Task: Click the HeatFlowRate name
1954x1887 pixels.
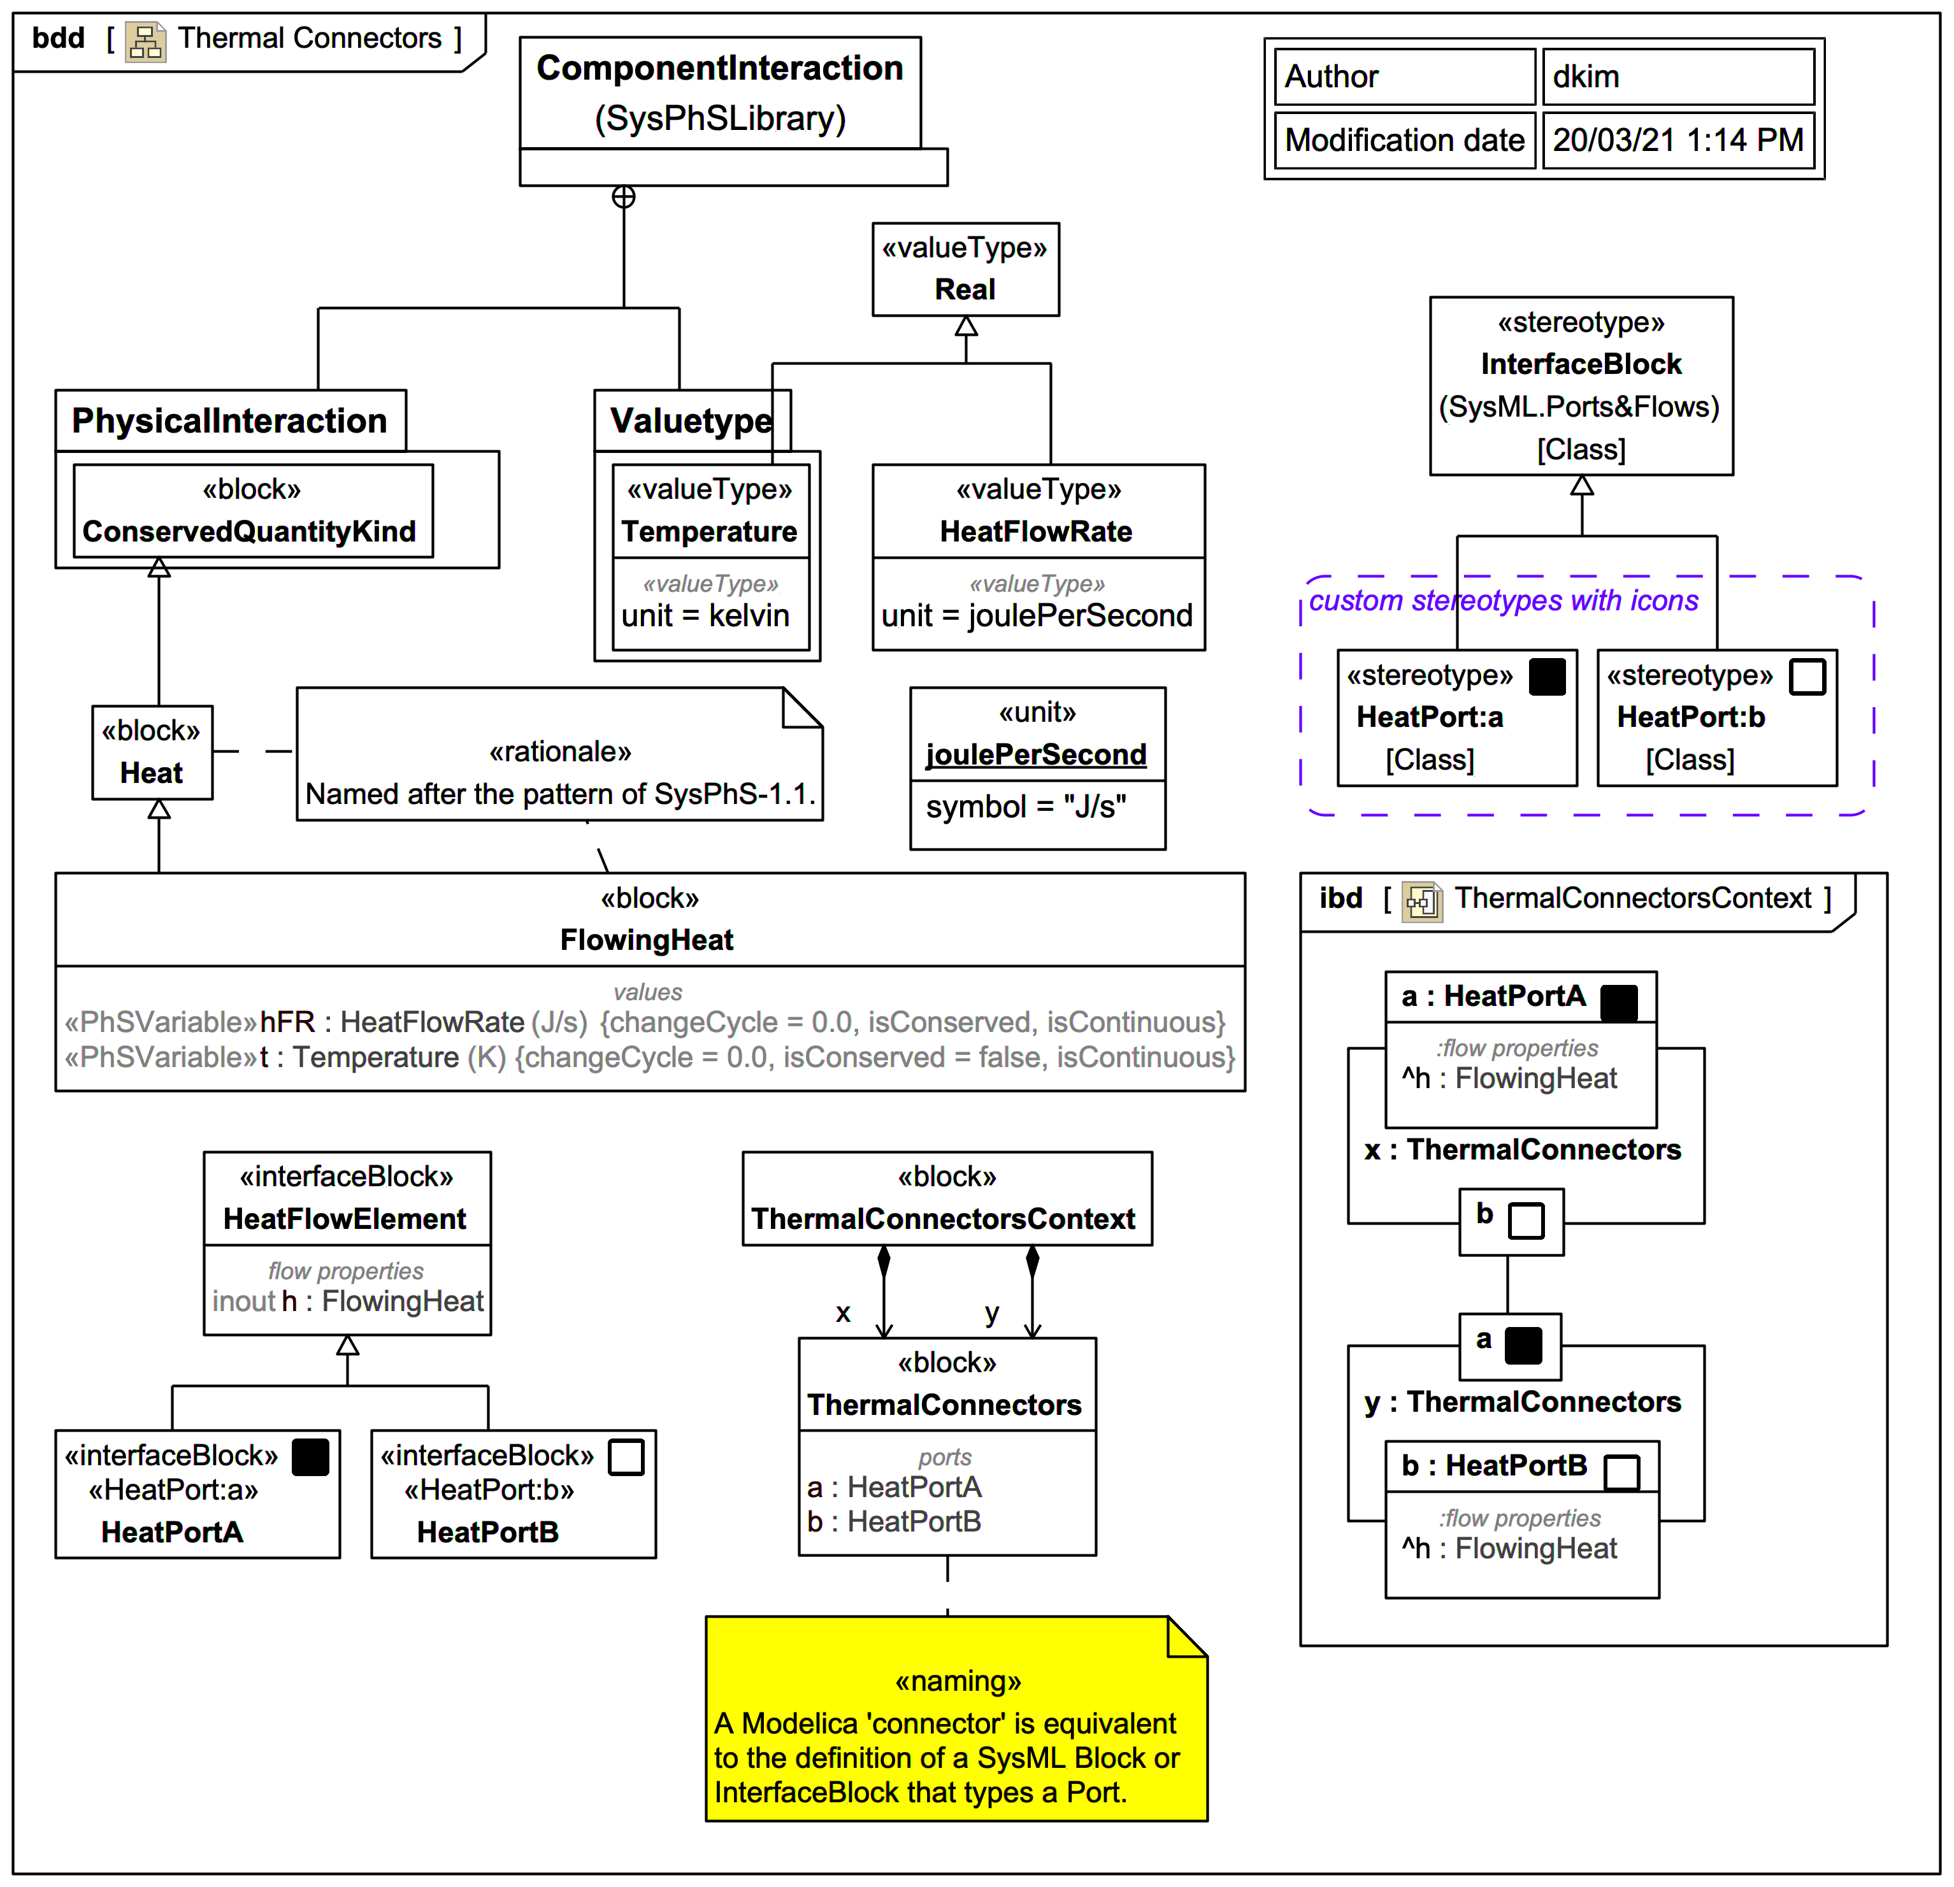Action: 1036,531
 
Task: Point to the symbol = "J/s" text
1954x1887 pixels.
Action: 1025,807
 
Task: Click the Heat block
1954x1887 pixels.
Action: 152,752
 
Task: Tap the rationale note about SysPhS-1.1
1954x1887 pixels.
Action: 559,773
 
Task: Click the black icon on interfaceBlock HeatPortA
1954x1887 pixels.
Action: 310,1458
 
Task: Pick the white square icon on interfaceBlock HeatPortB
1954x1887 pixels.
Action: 626,1458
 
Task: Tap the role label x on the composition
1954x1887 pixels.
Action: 844,1313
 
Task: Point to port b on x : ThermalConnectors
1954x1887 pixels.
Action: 1509,1220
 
